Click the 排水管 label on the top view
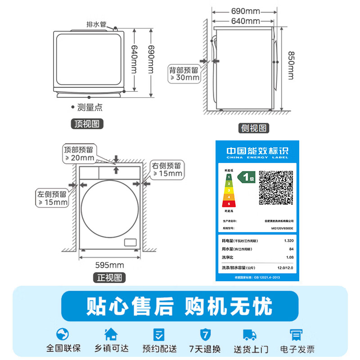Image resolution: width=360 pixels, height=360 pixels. pos(96,24)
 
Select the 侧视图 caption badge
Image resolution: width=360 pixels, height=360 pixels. pos(254,128)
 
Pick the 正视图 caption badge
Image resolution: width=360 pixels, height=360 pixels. pos(109,278)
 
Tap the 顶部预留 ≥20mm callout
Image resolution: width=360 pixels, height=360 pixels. pos(79,153)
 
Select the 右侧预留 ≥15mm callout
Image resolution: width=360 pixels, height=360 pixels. pos(167,169)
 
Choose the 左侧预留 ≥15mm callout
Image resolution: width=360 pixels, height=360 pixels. pos(52,198)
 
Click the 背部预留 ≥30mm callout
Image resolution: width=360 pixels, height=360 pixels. pos(184,73)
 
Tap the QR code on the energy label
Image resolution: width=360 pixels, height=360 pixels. pos(276,188)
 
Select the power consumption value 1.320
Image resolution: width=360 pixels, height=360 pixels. pos(288,241)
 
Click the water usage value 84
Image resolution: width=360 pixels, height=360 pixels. pos(291,249)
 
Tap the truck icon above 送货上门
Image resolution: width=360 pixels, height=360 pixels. pos(250,335)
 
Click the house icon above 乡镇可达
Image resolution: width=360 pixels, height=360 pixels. pos(111,334)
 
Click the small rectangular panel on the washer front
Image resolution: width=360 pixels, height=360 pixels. pos(130,242)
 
